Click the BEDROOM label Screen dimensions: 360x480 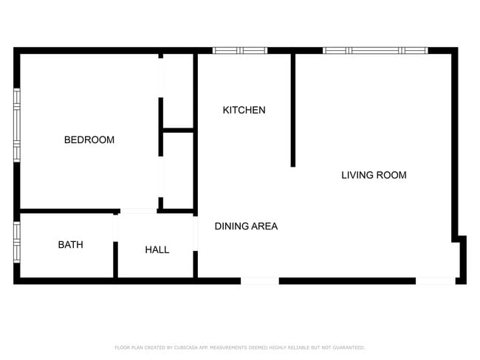(89, 139)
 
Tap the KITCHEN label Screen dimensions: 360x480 (244, 110)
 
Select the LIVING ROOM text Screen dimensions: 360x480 (374, 175)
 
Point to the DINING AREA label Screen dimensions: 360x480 (246, 226)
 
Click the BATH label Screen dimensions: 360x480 (70, 244)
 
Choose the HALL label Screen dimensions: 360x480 (157, 249)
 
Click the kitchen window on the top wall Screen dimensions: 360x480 (240, 50)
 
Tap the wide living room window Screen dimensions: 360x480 (375, 50)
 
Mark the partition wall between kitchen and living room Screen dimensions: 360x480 (293, 111)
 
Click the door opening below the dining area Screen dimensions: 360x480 (260, 280)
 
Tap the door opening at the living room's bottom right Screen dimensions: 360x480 (435, 280)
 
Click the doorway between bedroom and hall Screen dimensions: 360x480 (138, 212)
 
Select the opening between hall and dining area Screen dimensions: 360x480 (196, 232)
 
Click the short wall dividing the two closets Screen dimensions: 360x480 (178, 131)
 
